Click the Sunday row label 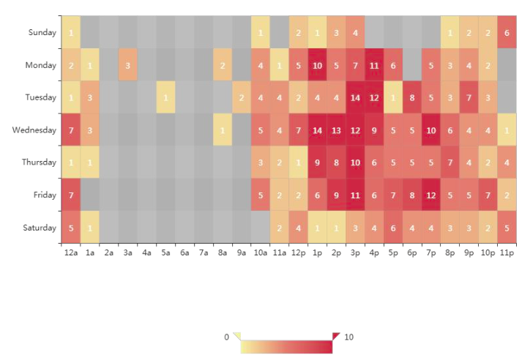42,32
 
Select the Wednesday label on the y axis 34,130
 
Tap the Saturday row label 39,228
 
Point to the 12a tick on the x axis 71,252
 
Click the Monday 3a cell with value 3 128,65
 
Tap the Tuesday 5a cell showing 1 166,97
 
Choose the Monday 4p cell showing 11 374,65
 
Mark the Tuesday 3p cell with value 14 355,97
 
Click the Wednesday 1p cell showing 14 317,130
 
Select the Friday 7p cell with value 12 431,195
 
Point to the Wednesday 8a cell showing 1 223,130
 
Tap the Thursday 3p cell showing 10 355,162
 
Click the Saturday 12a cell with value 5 71,228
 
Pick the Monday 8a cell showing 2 223,65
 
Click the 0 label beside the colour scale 226,337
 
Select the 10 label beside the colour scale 349,337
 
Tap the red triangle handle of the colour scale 336,336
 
